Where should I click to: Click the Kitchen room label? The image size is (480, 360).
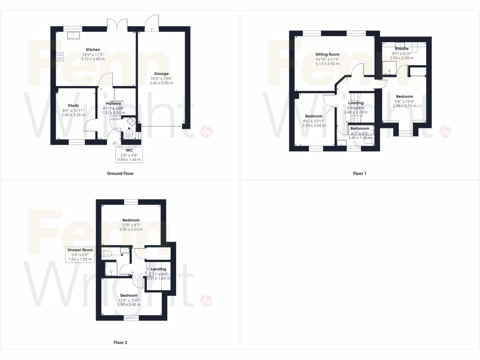click(x=92, y=49)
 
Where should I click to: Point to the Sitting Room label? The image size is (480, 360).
click(x=327, y=54)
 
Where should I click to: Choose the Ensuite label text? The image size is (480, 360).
click(x=402, y=49)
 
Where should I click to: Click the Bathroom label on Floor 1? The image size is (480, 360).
click(x=360, y=128)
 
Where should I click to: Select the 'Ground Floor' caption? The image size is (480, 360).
click(x=120, y=173)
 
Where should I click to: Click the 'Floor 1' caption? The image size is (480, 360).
click(x=360, y=173)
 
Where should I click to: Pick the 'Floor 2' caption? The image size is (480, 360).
click(x=120, y=342)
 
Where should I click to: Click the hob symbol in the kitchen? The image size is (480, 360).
click(x=60, y=57)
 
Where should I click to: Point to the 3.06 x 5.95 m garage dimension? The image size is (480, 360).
click(x=161, y=83)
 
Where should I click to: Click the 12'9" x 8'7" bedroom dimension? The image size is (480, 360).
click(x=131, y=225)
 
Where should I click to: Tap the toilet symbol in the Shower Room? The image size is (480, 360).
click(x=106, y=254)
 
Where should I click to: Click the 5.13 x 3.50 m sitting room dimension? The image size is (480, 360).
click(x=327, y=64)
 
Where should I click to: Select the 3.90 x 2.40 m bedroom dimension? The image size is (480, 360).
click(x=131, y=305)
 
